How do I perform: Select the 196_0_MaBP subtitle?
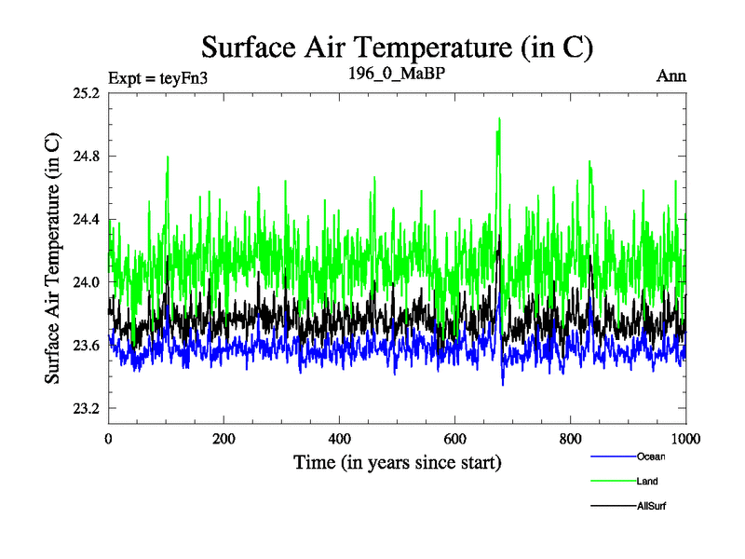[x=394, y=75]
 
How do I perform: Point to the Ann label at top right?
[x=671, y=76]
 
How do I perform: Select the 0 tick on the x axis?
[x=109, y=439]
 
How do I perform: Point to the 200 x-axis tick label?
[x=224, y=439]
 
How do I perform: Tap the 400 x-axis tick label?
[x=340, y=439]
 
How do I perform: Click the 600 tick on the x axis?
[x=455, y=439]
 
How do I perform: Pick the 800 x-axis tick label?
[x=571, y=439]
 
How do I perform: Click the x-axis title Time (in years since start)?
[x=398, y=462]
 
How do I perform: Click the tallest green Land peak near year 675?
[x=499, y=119]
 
